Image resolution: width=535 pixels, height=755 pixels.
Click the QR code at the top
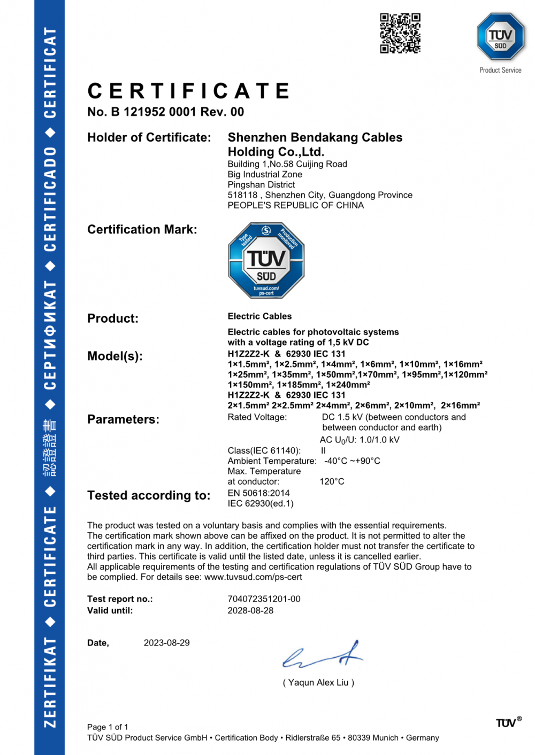(x=400, y=33)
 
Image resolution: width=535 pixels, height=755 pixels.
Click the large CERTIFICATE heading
(x=189, y=91)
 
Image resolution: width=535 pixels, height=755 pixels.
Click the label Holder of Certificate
(x=149, y=137)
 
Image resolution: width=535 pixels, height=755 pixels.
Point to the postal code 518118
(x=242, y=195)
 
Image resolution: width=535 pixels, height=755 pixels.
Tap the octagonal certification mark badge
(x=266, y=260)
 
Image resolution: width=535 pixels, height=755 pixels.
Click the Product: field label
(x=113, y=318)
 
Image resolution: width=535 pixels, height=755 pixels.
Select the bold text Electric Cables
(x=259, y=316)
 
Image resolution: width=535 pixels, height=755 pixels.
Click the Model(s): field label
(x=115, y=356)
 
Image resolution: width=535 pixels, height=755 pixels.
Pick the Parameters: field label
(x=123, y=419)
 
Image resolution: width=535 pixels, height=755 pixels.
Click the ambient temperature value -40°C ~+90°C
(x=352, y=461)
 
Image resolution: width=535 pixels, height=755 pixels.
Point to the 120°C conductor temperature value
(x=332, y=481)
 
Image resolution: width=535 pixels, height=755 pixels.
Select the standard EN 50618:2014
(x=258, y=493)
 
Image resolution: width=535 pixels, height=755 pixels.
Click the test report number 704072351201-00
(x=264, y=599)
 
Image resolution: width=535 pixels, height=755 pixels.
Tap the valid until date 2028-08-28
(x=250, y=611)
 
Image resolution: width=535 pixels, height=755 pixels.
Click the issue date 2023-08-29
(x=166, y=643)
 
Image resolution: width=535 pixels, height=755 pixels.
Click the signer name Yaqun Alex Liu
(x=318, y=682)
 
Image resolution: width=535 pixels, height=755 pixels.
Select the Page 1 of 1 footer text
(x=108, y=727)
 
